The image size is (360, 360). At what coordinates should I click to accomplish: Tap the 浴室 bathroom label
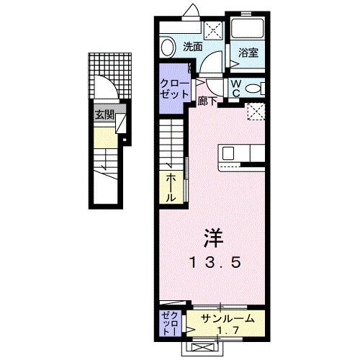pyautogui.click(x=248, y=53)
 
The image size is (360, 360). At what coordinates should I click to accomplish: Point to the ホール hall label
pyautogui.click(x=171, y=186)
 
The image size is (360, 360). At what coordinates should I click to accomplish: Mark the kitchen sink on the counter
pyautogui.click(x=228, y=153)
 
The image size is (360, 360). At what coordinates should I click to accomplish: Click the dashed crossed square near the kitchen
pyautogui.click(x=254, y=112)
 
